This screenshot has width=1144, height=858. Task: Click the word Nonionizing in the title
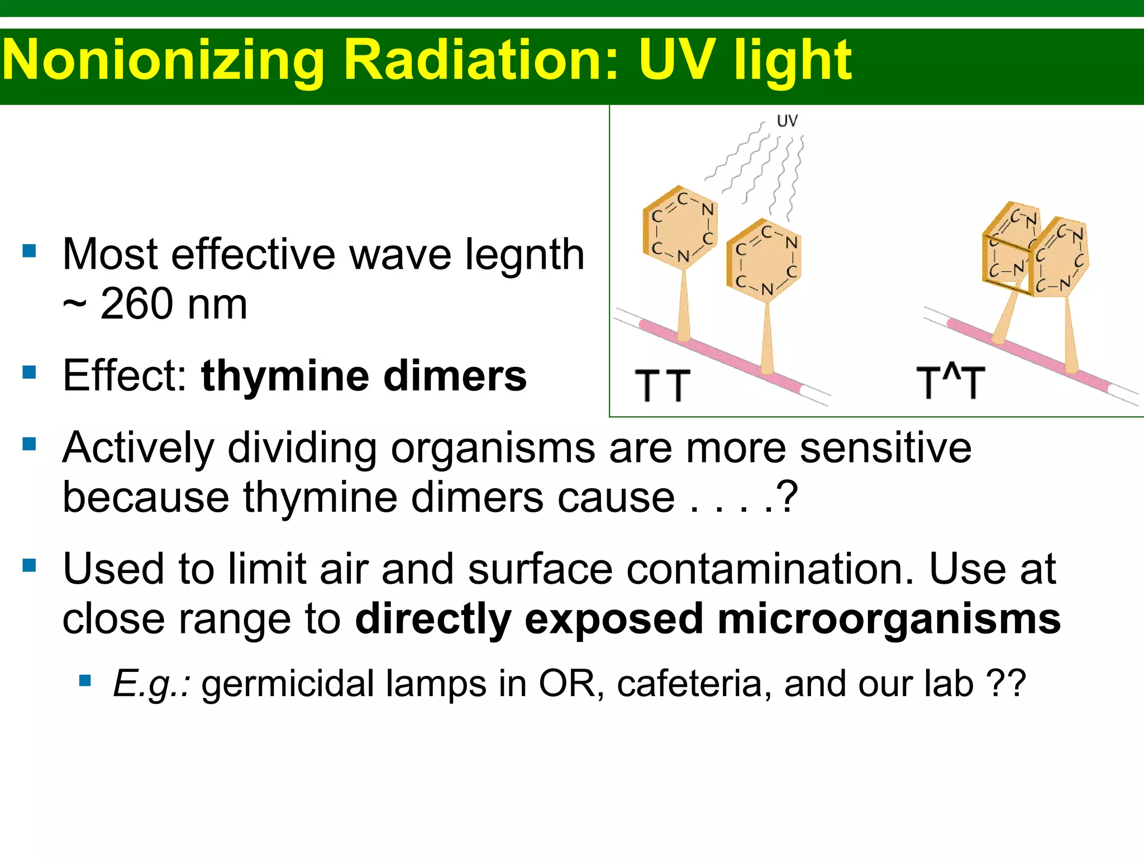pos(164,60)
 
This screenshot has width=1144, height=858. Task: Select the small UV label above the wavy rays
pos(787,121)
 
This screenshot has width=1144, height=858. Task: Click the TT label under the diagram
pos(662,385)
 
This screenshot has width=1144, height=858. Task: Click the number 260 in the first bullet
pos(136,304)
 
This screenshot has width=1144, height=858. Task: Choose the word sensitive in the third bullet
pos(885,448)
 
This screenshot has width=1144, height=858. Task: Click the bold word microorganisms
pos(889,619)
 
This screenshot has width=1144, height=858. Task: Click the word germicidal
pos(287,684)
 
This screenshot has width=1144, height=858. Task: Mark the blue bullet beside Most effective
pos(29,251)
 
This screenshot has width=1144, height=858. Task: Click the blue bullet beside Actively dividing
pos(29,445)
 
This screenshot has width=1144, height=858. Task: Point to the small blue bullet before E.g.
pos(85,680)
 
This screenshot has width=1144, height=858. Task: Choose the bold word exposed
pos(613,619)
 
